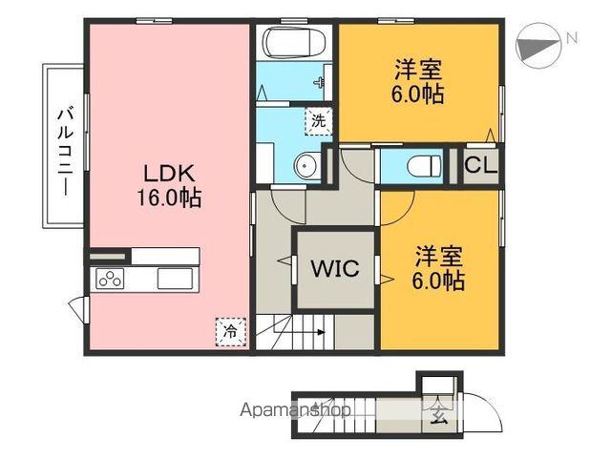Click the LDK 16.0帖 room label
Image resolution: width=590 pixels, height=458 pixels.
[x=172, y=185]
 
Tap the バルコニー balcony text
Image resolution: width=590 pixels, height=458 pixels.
[x=64, y=148]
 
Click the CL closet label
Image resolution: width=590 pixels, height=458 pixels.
[x=480, y=165]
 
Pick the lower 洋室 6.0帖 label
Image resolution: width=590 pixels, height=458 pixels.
[x=439, y=269]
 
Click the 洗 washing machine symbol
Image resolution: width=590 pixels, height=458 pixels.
[x=319, y=121]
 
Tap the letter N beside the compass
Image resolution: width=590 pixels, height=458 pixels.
[x=571, y=38]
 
